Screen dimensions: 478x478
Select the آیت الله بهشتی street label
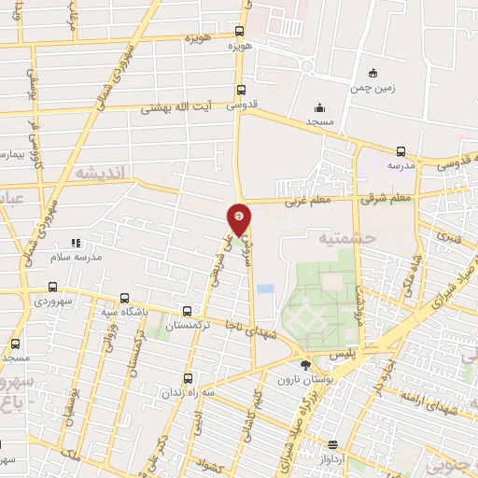(x=177, y=107)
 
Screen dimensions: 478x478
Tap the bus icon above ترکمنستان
(x=189, y=311)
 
